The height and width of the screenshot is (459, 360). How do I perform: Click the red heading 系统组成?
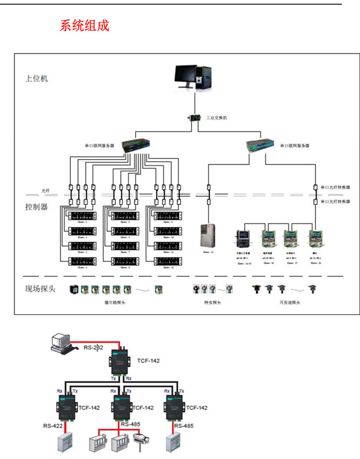[x=85, y=26]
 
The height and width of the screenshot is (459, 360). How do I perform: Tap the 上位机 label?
[x=37, y=79]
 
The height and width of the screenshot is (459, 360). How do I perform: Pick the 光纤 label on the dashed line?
[x=46, y=191]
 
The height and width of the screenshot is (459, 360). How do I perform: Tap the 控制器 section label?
[x=37, y=207]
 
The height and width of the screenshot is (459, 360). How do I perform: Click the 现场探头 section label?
[x=40, y=288]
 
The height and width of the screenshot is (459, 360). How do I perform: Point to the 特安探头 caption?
[x=212, y=302]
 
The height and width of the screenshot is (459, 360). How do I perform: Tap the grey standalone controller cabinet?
[x=207, y=235]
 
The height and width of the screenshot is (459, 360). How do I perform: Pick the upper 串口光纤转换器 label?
[x=335, y=187]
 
